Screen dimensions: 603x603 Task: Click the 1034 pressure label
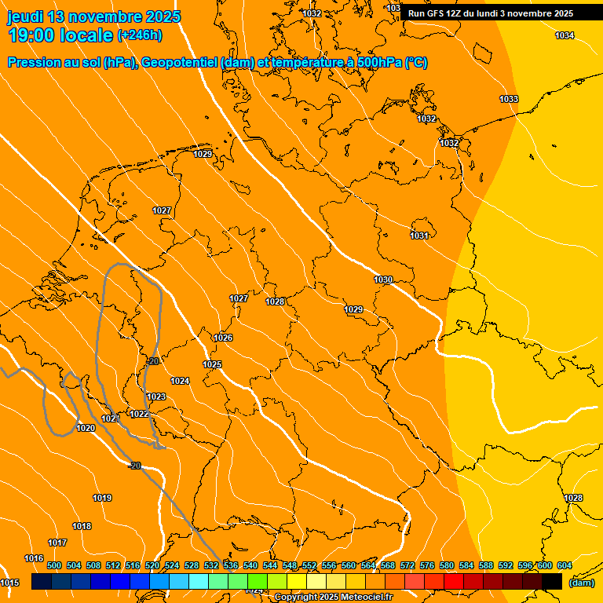pyautogui.click(x=565, y=35)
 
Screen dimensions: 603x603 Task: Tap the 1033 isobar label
pyautogui.click(x=509, y=99)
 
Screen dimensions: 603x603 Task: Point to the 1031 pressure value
pyautogui.click(x=418, y=236)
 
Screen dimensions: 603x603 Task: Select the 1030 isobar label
pyautogui.click(x=383, y=280)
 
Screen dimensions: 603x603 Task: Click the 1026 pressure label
pyautogui.click(x=223, y=338)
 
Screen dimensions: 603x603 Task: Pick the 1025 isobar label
pyautogui.click(x=212, y=364)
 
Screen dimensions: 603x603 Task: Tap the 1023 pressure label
pyautogui.click(x=156, y=397)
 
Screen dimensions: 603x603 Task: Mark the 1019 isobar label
pyautogui.click(x=102, y=498)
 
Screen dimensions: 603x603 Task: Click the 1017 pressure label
pyautogui.click(x=57, y=543)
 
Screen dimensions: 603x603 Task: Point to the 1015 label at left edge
pyautogui.click(x=9, y=583)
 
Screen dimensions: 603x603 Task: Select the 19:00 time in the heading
pyautogui.click(x=31, y=35)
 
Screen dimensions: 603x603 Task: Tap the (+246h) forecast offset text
pyautogui.click(x=140, y=35)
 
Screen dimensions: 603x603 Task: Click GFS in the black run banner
pyautogui.click(x=437, y=13)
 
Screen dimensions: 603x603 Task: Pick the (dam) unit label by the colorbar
pyautogui.click(x=581, y=583)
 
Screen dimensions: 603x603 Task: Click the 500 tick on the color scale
pyautogui.click(x=54, y=565)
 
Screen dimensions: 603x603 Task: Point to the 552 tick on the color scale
pyautogui.click(x=309, y=565)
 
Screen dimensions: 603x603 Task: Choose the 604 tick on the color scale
pyautogui.click(x=564, y=565)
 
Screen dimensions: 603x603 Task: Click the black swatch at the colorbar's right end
pyautogui.click(x=552, y=581)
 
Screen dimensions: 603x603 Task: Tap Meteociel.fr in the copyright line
pyautogui.click(x=366, y=598)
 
